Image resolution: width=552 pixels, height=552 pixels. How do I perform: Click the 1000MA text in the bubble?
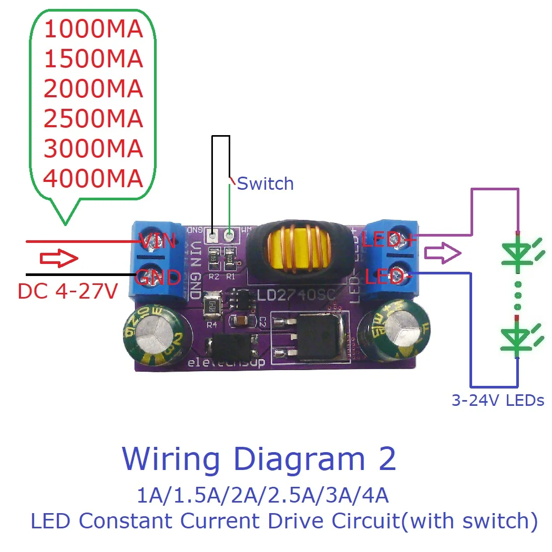93,29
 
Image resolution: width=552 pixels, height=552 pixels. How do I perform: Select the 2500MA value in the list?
93,119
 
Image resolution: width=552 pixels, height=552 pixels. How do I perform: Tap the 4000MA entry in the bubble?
93,179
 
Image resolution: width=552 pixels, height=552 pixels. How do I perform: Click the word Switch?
265,183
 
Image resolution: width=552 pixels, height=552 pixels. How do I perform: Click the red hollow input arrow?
59,259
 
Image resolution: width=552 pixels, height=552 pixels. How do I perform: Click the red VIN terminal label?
156,242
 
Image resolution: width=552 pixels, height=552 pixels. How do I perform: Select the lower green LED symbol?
518,336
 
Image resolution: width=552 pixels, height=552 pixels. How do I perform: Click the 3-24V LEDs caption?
497,401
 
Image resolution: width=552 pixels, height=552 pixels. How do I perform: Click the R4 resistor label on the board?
212,324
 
